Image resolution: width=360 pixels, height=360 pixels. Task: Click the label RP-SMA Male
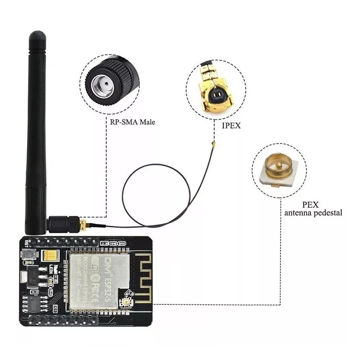tap(130, 122)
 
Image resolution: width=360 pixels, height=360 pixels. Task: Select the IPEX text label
tap(231, 126)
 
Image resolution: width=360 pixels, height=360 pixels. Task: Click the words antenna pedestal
tap(313, 213)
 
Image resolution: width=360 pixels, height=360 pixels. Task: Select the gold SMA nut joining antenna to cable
tap(83, 224)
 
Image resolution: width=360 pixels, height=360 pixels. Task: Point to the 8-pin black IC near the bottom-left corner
tap(35, 302)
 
